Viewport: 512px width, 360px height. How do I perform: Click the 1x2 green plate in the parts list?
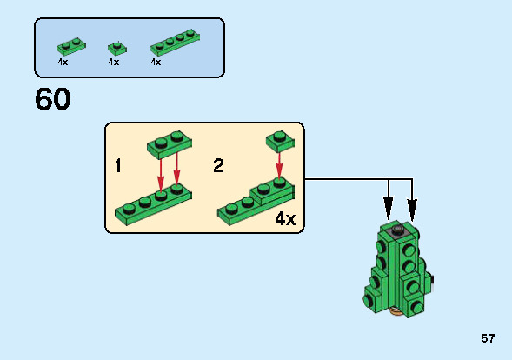click(x=71, y=45)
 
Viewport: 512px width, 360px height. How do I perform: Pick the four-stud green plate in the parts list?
click(x=174, y=43)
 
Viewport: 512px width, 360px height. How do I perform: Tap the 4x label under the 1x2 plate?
click(x=63, y=63)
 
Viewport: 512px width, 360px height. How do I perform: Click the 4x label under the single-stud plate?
click(x=114, y=63)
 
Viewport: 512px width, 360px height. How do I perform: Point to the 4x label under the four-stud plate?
click(x=156, y=63)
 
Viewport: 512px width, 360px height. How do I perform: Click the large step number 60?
click(x=53, y=99)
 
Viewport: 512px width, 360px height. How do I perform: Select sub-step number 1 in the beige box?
click(x=117, y=165)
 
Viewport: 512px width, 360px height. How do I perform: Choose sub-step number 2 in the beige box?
click(x=218, y=165)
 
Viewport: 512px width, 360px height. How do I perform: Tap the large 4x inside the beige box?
click(x=284, y=218)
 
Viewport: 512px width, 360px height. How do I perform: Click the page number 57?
click(x=488, y=338)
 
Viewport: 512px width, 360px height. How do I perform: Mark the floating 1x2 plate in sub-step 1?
click(x=169, y=143)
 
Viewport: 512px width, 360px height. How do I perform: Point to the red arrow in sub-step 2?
click(x=278, y=163)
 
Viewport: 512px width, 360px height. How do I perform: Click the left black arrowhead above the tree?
click(x=389, y=208)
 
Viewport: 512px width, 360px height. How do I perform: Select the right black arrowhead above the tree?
click(x=412, y=208)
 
